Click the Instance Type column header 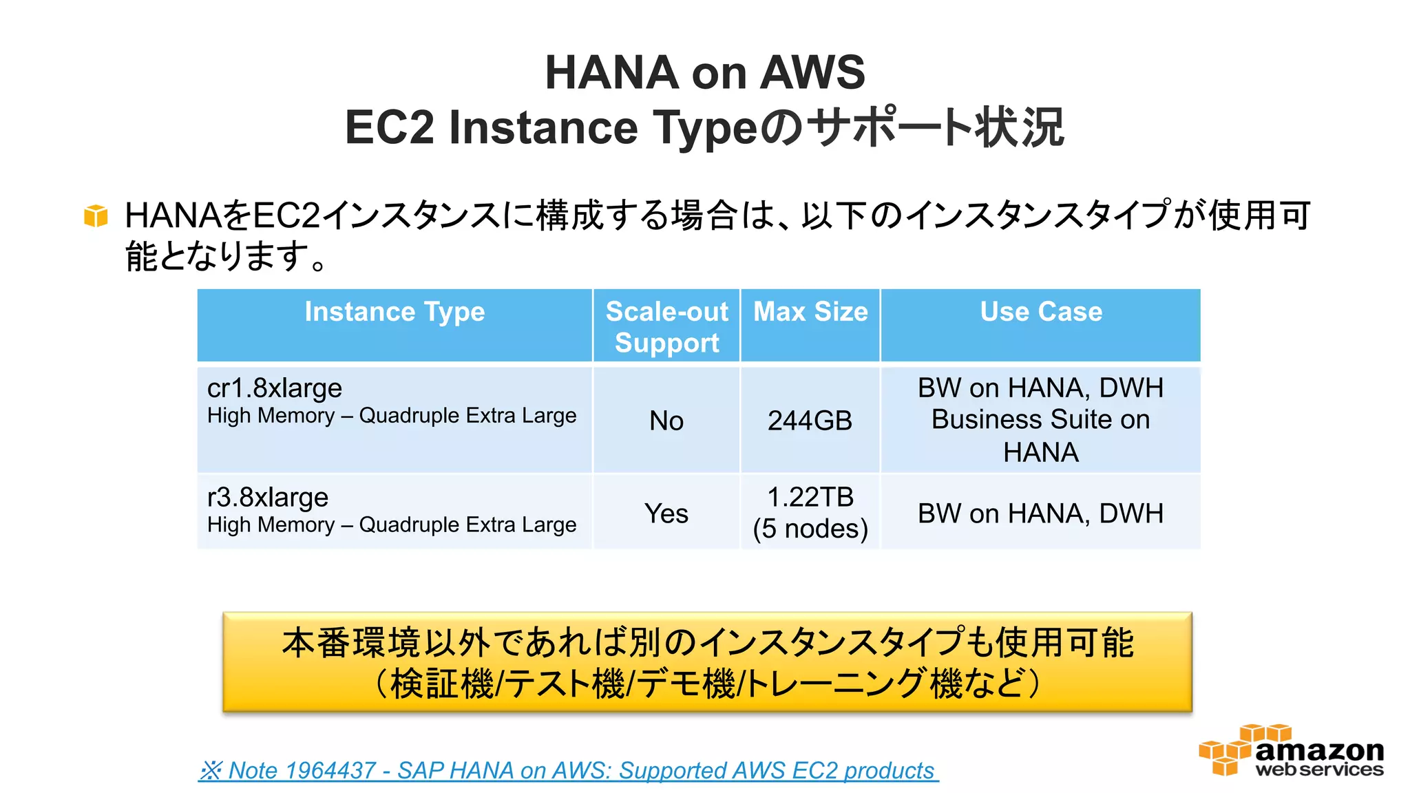coord(394,312)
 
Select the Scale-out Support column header coord(666,327)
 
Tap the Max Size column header coord(810,312)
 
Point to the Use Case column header coord(1041,312)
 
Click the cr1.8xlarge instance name coord(274,388)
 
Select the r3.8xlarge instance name coord(267,497)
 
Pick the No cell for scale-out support coord(666,421)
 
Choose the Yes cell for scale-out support coord(666,514)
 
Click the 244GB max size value coord(810,421)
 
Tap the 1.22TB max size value coord(810,497)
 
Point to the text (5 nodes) coord(810,529)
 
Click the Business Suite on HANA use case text coord(1040,435)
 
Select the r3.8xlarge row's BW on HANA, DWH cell coord(1040,514)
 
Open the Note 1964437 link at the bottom coord(568,770)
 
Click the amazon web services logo coord(1291,751)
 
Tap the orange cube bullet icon coord(96,215)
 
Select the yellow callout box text coord(707,662)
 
